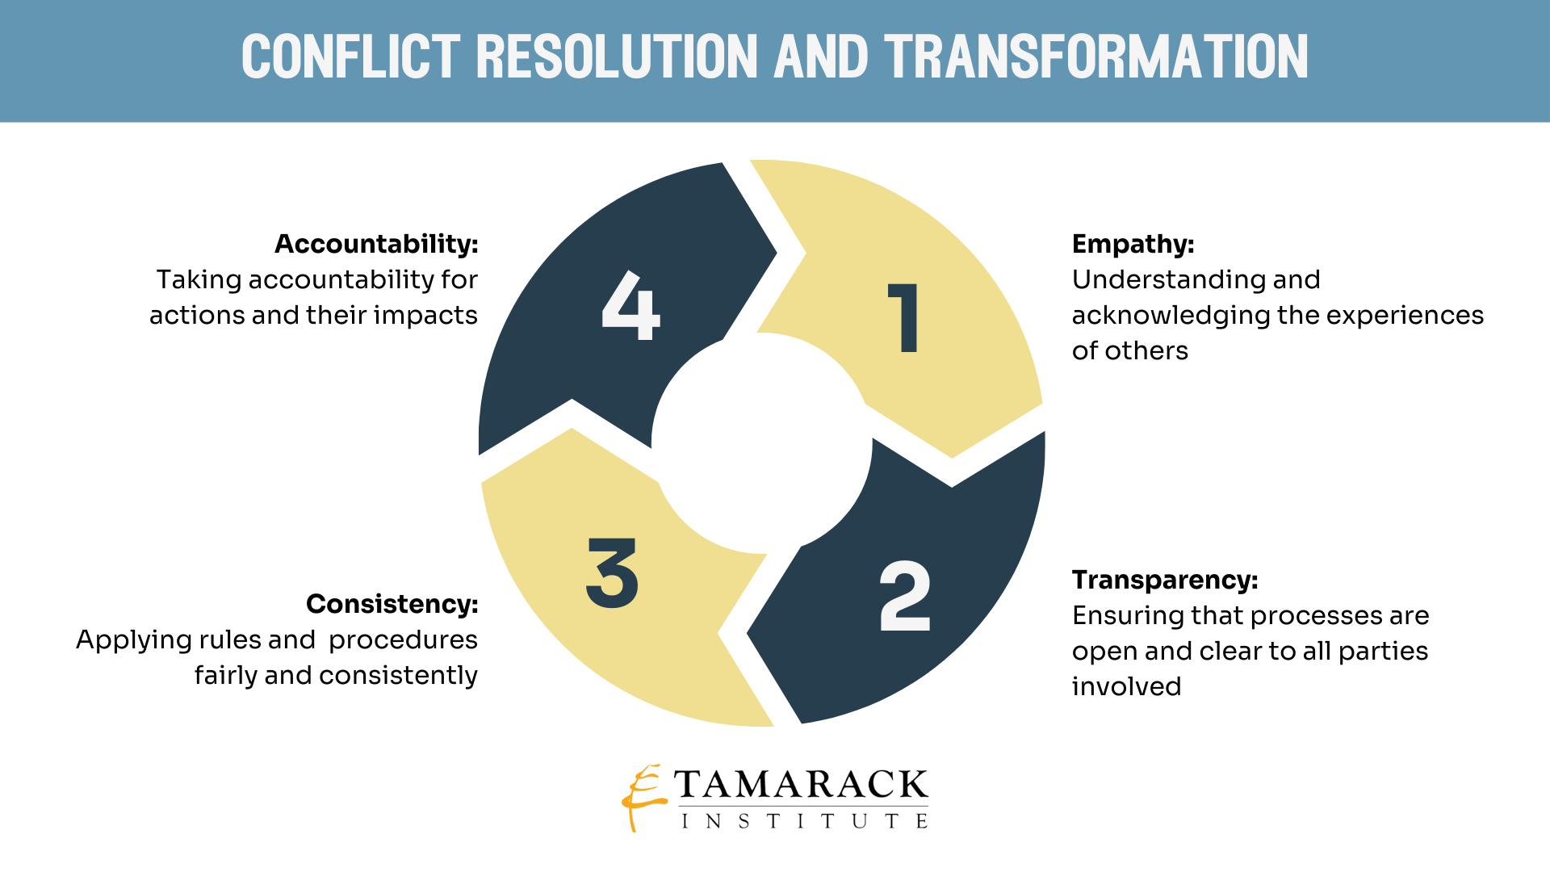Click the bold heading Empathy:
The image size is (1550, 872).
pyautogui.click(x=1133, y=244)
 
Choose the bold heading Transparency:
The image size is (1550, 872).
pyautogui.click(x=1164, y=580)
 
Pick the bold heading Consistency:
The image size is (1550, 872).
pyautogui.click(x=392, y=604)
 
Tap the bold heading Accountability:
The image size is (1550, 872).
pyautogui.click(x=376, y=244)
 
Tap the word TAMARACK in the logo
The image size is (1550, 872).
pyautogui.click(x=801, y=784)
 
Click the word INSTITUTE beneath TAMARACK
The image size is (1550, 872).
pyautogui.click(x=804, y=821)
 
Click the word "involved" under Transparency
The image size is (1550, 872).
pyautogui.click(x=1126, y=686)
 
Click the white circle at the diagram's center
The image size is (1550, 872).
pyautogui.click(x=762, y=443)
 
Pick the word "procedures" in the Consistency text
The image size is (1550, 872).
pyautogui.click(x=403, y=639)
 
